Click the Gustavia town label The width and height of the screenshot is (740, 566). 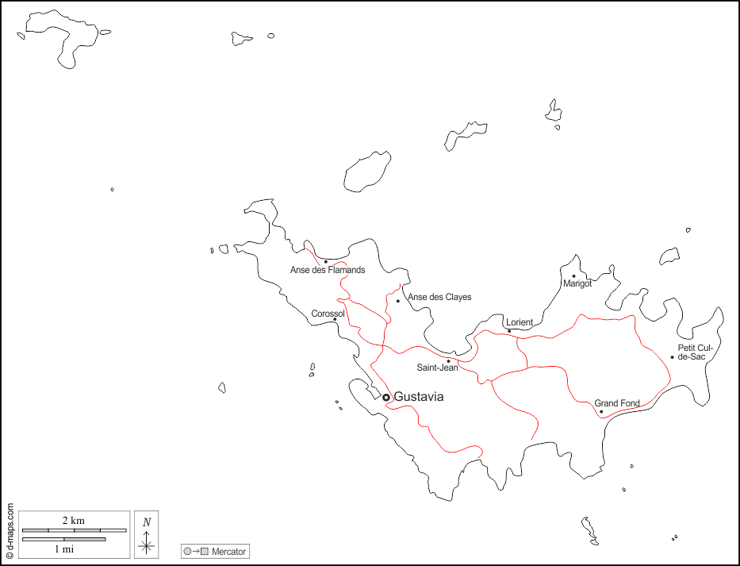[419, 397]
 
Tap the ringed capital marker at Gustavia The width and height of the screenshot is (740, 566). [386, 397]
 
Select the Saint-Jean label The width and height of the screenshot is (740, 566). [438, 368]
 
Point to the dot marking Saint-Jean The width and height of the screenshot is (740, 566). [448, 361]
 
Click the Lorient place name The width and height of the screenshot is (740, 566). [520, 322]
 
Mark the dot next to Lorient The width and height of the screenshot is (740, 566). [509, 331]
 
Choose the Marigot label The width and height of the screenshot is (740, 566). [577, 283]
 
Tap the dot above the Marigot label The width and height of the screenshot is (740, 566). [573, 276]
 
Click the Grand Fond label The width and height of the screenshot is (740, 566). [617, 403]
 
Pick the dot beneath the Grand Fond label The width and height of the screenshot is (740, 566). [601, 411]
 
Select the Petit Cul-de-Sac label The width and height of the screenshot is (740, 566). [692, 352]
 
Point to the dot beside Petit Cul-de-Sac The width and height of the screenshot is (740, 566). [672, 356]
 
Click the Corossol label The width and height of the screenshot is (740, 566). [328, 314]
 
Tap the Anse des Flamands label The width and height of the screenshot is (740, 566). [328, 270]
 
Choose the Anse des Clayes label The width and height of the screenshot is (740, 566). [439, 297]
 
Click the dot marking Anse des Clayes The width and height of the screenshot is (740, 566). [398, 301]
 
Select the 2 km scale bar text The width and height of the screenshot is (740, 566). [73, 520]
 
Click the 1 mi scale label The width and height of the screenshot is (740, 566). [64, 549]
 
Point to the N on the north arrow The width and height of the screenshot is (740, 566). [147, 522]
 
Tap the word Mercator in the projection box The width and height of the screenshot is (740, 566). [228, 551]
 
